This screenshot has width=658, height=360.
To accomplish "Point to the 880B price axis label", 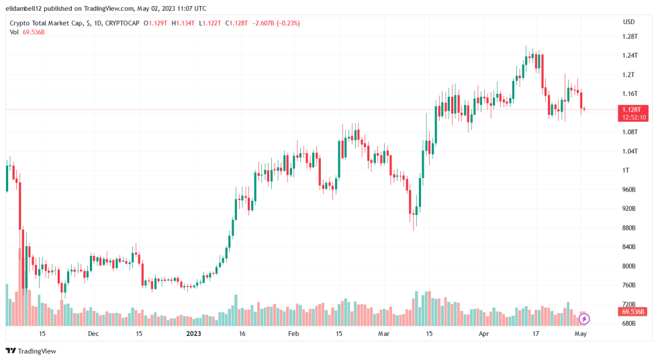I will (628, 228).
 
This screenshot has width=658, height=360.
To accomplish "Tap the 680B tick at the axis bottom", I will (628, 324).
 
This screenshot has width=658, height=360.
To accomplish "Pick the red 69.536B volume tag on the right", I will (634, 312).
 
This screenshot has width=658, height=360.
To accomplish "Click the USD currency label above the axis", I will (628, 21).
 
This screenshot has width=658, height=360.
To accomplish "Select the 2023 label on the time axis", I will (193, 333).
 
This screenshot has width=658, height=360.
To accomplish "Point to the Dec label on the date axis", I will (93, 333).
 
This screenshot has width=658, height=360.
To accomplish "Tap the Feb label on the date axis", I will (293, 333).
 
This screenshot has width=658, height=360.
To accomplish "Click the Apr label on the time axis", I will (485, 333).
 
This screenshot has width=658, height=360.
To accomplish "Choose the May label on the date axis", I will (581, 333).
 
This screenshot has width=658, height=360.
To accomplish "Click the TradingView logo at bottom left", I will (31, 351).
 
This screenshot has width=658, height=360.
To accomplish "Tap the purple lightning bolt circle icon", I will (583, 318).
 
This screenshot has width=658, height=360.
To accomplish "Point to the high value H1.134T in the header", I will (184, 23).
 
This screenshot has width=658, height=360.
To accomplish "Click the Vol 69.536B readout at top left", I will (27, 32).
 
